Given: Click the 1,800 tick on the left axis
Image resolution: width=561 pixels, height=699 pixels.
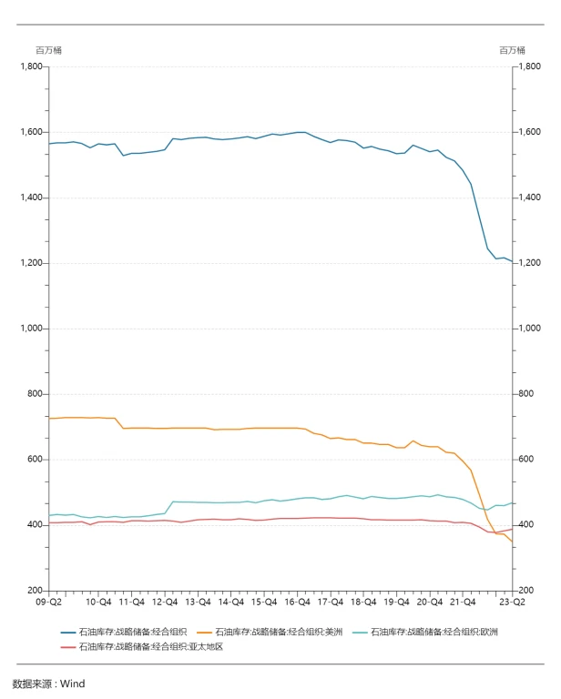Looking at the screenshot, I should [x=32, y=66].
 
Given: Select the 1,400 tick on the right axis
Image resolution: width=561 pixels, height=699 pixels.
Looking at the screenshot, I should [x=529, y=198].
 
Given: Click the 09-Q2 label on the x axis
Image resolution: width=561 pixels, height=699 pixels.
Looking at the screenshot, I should [x=48, y=602].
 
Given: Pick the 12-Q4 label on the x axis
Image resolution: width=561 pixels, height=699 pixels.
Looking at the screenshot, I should [x=165, y=602].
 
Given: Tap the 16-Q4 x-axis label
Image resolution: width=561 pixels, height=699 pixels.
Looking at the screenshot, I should [x=297, y=602].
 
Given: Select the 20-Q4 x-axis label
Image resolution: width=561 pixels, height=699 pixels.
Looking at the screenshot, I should [x=430, y=602].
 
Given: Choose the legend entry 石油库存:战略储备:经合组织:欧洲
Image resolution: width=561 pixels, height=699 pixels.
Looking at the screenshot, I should [x=434, y=631].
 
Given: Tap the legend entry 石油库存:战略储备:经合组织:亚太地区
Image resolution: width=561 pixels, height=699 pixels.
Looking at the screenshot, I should [x=150, y=646].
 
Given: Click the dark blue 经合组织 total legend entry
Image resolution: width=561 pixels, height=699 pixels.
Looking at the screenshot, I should [x=125, y=631].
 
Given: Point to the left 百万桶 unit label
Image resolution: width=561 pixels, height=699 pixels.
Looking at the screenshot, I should [x=48, y=50].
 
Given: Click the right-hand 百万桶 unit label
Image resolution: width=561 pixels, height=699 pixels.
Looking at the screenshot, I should [x=512, y=50].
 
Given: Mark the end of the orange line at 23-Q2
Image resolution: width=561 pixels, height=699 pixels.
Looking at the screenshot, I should [x=513, y=542].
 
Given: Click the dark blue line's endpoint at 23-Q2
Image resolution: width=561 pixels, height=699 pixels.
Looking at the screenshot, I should [x=513, y=261].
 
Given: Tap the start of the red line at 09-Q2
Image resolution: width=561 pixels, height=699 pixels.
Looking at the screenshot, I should [x=49, y=522].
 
